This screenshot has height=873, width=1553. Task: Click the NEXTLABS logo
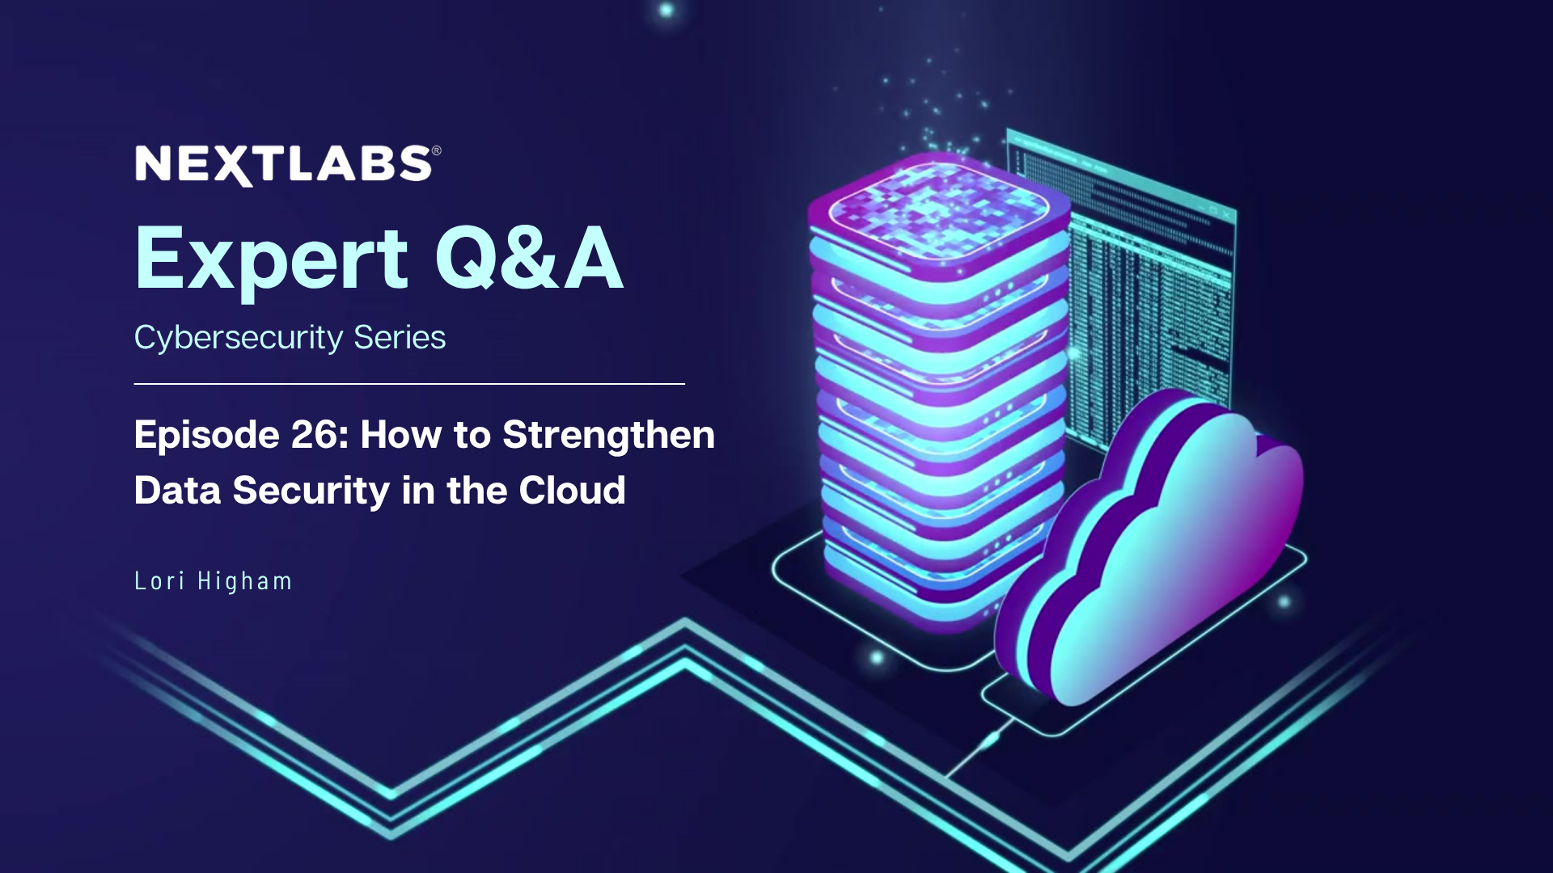pos(283,164)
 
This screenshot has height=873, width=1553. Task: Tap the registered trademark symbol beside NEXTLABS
pos(437,150)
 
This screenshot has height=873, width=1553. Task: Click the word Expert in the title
pos(271,259)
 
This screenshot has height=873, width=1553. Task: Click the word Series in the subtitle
pos(400,338)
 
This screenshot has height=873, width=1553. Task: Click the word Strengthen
pos(608,435)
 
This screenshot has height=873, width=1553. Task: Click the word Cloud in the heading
pos(572,491)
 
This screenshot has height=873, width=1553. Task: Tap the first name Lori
pos(159,581)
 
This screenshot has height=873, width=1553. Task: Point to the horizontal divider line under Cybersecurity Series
pos(408,384)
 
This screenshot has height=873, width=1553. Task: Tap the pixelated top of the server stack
pos(938,206)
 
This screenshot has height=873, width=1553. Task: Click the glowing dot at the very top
pos(666,10)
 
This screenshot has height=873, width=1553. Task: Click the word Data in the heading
pos(177,491)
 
